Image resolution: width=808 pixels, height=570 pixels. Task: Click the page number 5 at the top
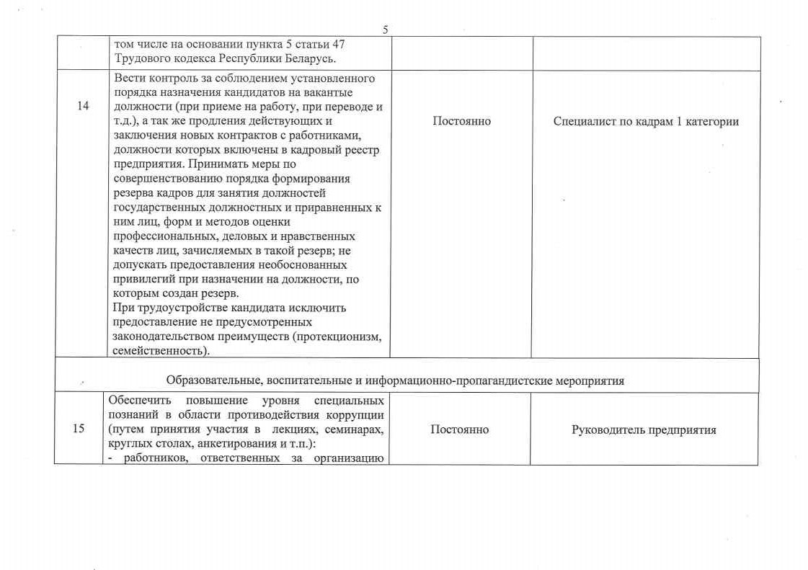click(x=385, y=30)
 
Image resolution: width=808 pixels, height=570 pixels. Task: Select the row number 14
click(x=82, y=107)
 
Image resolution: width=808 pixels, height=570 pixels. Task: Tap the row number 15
click(x=79, y=429)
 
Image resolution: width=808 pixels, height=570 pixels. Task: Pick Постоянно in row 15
click(x=459, y=429)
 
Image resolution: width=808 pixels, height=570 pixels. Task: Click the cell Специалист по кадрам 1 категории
click(x=646, y=121)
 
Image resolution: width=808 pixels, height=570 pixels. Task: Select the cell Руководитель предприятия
click(x=644, y=429)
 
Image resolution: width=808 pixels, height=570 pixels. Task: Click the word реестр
click(x=362, y=150)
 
